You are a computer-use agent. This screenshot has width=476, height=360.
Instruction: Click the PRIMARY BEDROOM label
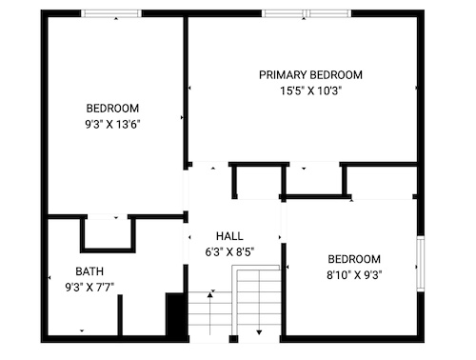pyautogui.click(x=310, y=75)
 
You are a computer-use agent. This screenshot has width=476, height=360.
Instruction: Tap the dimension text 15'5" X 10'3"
pyautogui.click(x=310, y=91)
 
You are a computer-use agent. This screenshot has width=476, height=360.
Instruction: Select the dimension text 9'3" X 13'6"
pyautogui.click(x=112, y=124)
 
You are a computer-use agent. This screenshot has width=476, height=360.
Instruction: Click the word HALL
pyautogui.click(x=229, y=236)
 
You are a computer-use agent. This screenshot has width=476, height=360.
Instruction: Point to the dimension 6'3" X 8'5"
pyautogui.click(x=229, y=252)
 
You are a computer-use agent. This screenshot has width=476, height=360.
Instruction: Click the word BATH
pyautogui.click(x=89, y=271)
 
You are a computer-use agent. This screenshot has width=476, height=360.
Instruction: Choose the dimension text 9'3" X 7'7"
pyautogui.click(x=89, y=288)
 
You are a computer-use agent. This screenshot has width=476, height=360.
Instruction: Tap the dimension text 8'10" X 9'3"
pyautogui.click(x=354, y=274)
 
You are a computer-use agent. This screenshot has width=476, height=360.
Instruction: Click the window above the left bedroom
pyautogui.click(x=111, y=13)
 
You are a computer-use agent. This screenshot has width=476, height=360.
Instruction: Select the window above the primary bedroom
pyautogui.click(x=307, y=13)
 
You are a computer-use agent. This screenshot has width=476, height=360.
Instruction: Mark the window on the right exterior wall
pyautogui.click(x=421, y=264)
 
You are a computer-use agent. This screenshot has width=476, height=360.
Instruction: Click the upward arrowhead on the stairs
pyautogui.click(x=209, y=295)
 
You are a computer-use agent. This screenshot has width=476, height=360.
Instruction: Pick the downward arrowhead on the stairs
pyautogui.click(x=259, y=332)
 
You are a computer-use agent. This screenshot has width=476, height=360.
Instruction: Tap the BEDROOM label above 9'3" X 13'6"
pyautogui.click(x=112, y=109)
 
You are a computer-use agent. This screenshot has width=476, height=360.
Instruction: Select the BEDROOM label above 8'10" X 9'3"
pyautogui.click(x=354, y=259)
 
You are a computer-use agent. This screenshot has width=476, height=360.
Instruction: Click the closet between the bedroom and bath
pyautogui.click(x=108, y=233)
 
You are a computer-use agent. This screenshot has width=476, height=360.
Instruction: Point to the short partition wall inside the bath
pyautogui.click(x=120, y=315)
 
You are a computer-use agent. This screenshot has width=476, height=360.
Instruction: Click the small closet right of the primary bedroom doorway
pyautogui.click(x=259, y=181)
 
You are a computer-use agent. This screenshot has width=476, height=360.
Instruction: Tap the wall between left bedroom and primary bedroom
pyautogui.click(x=186, y=92)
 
